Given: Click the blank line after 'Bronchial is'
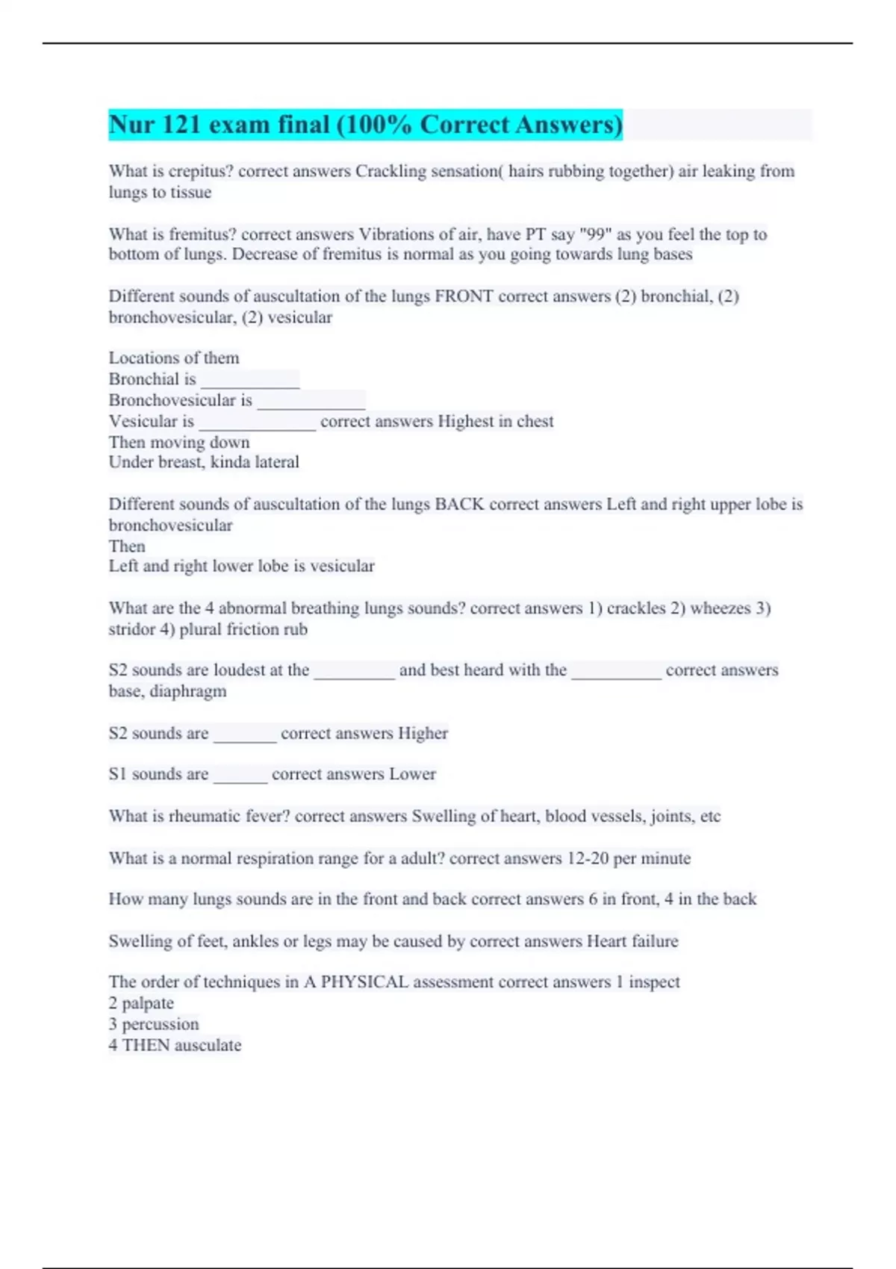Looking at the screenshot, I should pos(250,381).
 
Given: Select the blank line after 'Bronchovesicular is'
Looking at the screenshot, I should pos(311,402).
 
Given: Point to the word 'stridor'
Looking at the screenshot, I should pos(131,629).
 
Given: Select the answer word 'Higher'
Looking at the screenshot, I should pos(423,734).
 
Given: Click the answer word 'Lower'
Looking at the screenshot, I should pos(412,775).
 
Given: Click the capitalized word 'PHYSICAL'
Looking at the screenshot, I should pos(364,982).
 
